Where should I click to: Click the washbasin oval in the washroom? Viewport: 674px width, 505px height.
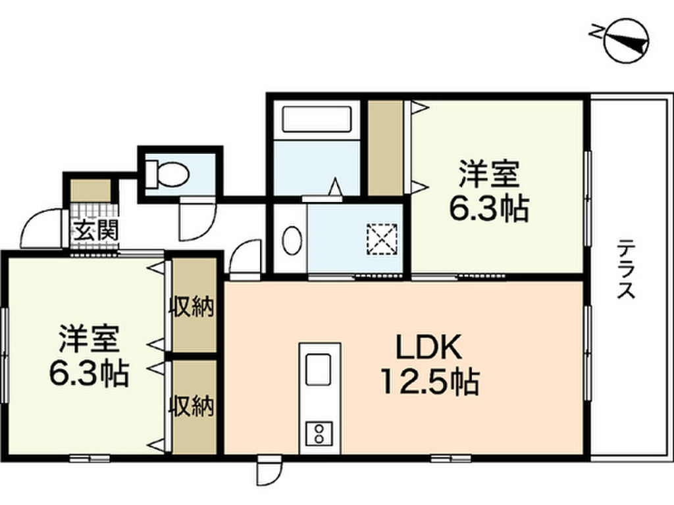point(291,240)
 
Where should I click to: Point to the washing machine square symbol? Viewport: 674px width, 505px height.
point(382,239)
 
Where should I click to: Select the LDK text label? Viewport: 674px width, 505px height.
point(421,347)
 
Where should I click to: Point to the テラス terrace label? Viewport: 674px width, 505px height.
point(625,270)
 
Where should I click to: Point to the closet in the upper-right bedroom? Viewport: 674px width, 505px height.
point(385,148)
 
